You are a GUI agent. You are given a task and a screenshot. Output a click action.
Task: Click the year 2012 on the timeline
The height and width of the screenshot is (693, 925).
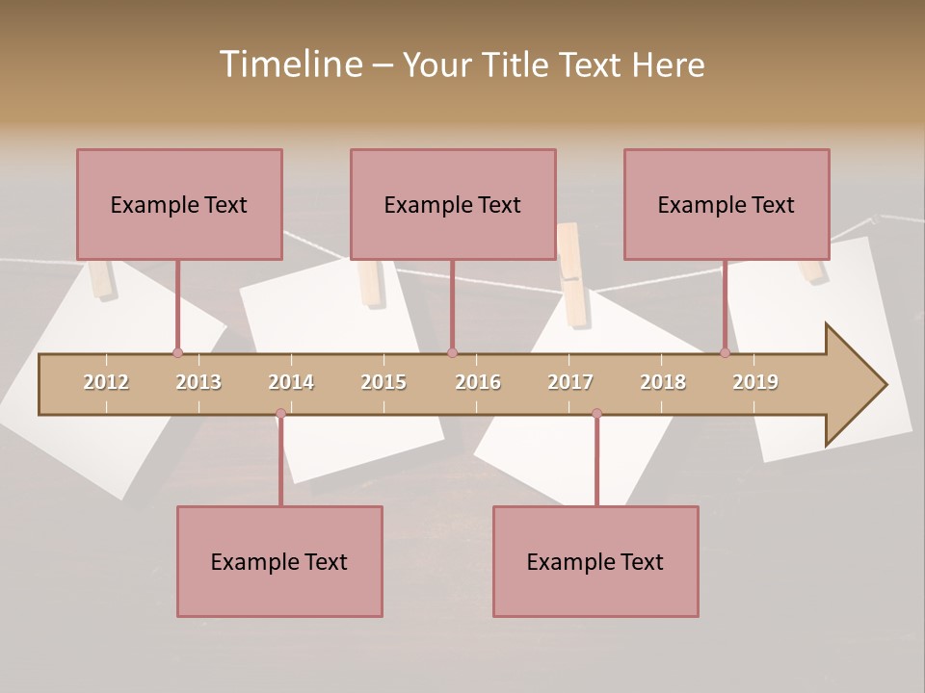pyautogui.click(x=106, y=382)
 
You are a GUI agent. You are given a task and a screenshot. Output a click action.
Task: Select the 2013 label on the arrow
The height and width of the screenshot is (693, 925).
pyautogui.click(x=198, y=382)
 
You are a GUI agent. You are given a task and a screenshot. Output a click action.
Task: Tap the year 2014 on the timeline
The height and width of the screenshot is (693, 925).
pyautogui.click(x=291, y=382)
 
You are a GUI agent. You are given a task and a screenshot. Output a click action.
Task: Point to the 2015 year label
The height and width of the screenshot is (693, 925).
pyautogui.click(x=383, y=382)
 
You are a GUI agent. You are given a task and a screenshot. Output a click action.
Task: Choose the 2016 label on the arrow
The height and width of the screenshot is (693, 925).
pyautogui.click(x=478, y=382)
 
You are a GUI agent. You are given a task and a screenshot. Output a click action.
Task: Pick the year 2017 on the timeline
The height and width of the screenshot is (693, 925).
pyautogui.click(x=570, y=382)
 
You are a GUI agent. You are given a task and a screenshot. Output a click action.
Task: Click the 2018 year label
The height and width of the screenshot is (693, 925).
pyautogui.click(x=663, y=382)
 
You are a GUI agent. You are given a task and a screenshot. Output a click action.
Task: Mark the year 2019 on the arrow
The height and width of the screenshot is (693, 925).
pyautogui.click(x=755, y=382)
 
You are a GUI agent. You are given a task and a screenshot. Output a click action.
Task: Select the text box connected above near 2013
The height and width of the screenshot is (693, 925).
pyautogui.click(x=179, y=204)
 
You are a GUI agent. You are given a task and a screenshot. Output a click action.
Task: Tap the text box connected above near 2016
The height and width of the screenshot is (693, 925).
pyautogui.click(x=453, y=204)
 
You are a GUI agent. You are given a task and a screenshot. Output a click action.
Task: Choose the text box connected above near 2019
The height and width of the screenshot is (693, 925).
pyautogui.click(x=727, y=204)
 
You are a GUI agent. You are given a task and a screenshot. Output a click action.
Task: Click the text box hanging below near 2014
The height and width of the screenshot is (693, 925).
pyautogui.click(x=279, y=561)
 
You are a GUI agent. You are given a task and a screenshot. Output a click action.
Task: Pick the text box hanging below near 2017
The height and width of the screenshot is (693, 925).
pyautogui.click(x=595, y=561)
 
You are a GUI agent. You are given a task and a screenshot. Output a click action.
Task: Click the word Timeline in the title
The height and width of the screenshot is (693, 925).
pyautogui.click(x=289, y=64)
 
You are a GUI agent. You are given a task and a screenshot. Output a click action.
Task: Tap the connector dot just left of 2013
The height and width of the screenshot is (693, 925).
pyautogui.click(x=177, y=353)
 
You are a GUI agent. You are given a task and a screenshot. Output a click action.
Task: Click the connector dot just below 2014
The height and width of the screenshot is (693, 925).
pyautogui.click(x=280, y=414)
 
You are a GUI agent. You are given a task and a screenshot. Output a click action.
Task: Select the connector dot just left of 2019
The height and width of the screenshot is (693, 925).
pyautogui.click(x=725, y=353)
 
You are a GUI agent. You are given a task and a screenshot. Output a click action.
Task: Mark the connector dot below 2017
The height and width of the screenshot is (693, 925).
pyautogui.click(x=596, y=414)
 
